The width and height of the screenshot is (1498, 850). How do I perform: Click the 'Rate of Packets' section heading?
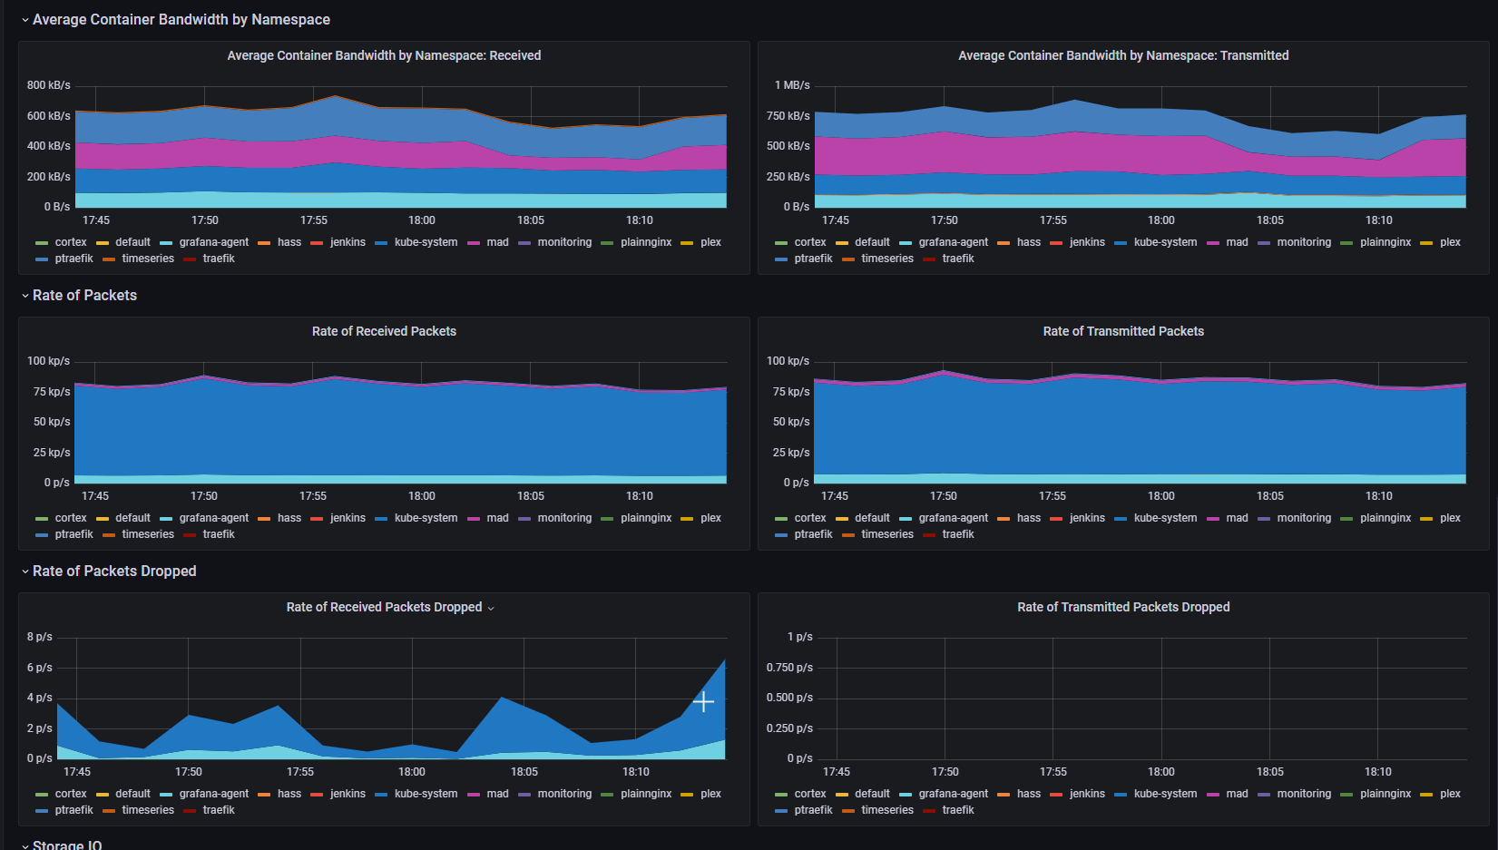click(84, 296)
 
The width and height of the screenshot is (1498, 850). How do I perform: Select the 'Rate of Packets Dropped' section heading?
click(114, 572)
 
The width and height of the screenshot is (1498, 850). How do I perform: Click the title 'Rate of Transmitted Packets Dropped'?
click(1123, 608)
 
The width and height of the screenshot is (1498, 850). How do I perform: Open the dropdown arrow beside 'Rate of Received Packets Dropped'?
click(491, 609)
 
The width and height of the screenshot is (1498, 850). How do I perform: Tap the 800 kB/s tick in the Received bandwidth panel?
click(48, 85)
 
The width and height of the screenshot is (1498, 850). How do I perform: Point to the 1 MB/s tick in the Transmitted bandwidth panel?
click(792, 85)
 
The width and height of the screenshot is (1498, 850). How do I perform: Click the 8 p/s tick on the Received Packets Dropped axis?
click(40, 637)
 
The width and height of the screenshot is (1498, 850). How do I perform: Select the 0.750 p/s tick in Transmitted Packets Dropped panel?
click(789, 668)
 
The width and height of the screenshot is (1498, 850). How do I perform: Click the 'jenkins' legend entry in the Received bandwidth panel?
click(348, 242)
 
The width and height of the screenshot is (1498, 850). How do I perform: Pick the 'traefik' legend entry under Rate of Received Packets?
click(219, 534)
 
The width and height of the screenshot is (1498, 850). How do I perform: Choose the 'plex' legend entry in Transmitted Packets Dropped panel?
click(1450, 794)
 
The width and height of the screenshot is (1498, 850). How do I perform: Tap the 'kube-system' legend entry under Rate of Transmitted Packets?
click(1165, 518)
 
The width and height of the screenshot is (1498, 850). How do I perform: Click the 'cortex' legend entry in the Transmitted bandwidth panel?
click(809, 242)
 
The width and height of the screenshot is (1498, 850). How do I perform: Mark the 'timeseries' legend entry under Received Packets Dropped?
click(148, 810)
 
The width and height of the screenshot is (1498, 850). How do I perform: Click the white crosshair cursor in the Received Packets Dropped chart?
click(703, 701)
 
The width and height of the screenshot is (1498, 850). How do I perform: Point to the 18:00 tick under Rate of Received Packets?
click(421, 496)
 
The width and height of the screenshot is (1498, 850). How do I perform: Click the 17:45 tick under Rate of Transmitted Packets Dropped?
click(836, 772)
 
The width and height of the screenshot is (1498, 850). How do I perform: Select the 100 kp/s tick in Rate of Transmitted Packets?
click(788, 361)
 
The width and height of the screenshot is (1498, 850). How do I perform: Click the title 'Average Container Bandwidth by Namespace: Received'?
click(384, 56)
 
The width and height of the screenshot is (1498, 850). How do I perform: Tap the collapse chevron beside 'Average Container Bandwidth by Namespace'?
click(25, 20)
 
